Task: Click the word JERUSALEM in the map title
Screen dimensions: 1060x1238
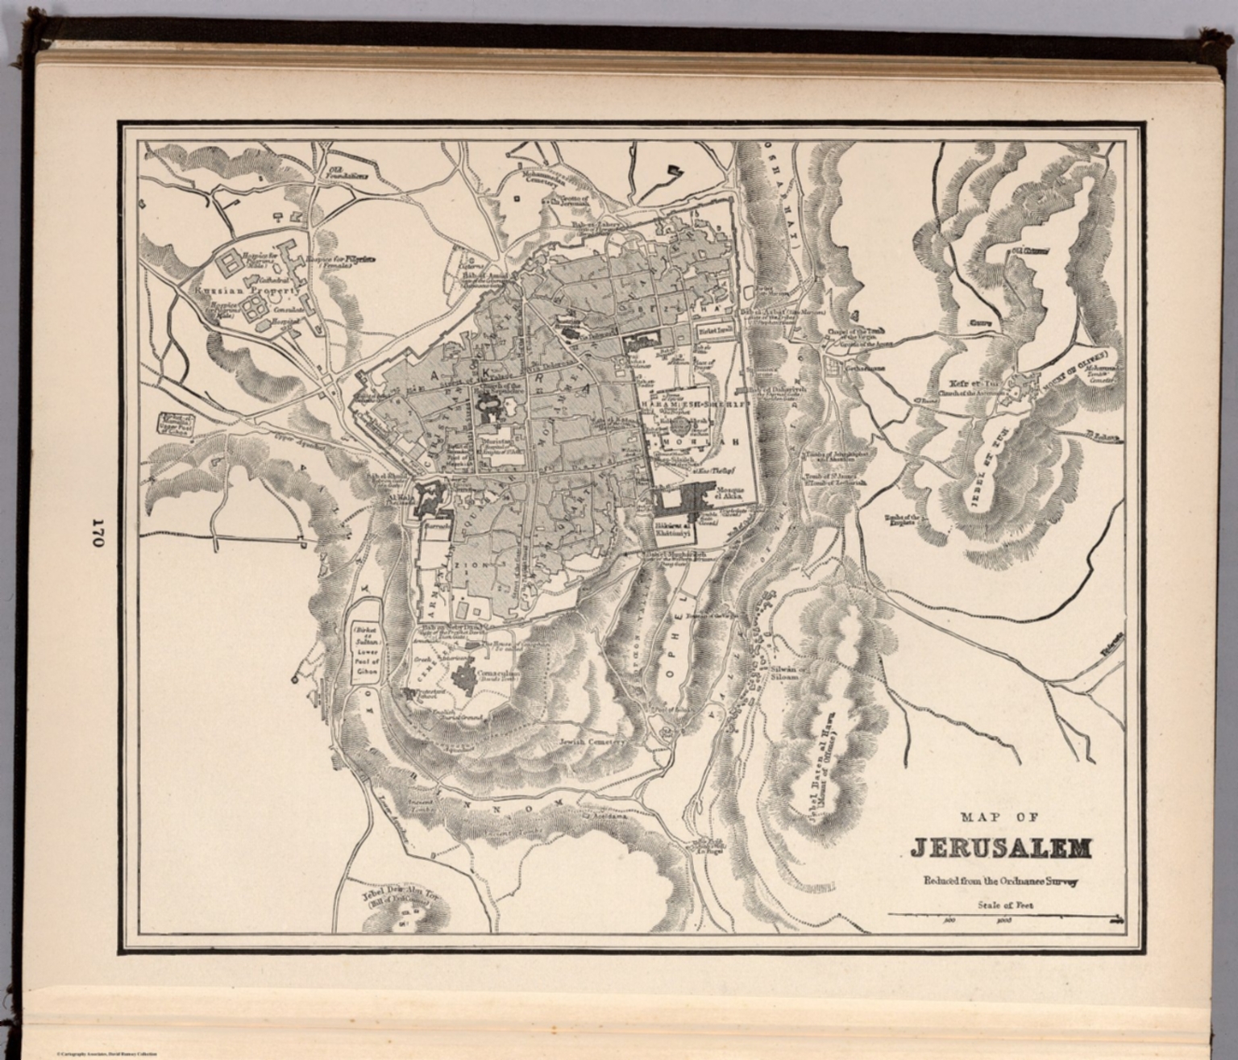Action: point(1001,848)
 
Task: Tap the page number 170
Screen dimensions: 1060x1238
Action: point(98,533)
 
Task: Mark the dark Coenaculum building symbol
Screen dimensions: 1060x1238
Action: point(464,674)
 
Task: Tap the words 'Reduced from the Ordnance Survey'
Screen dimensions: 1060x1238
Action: point(1000,881)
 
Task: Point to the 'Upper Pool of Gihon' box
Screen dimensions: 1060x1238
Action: point(172,422)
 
